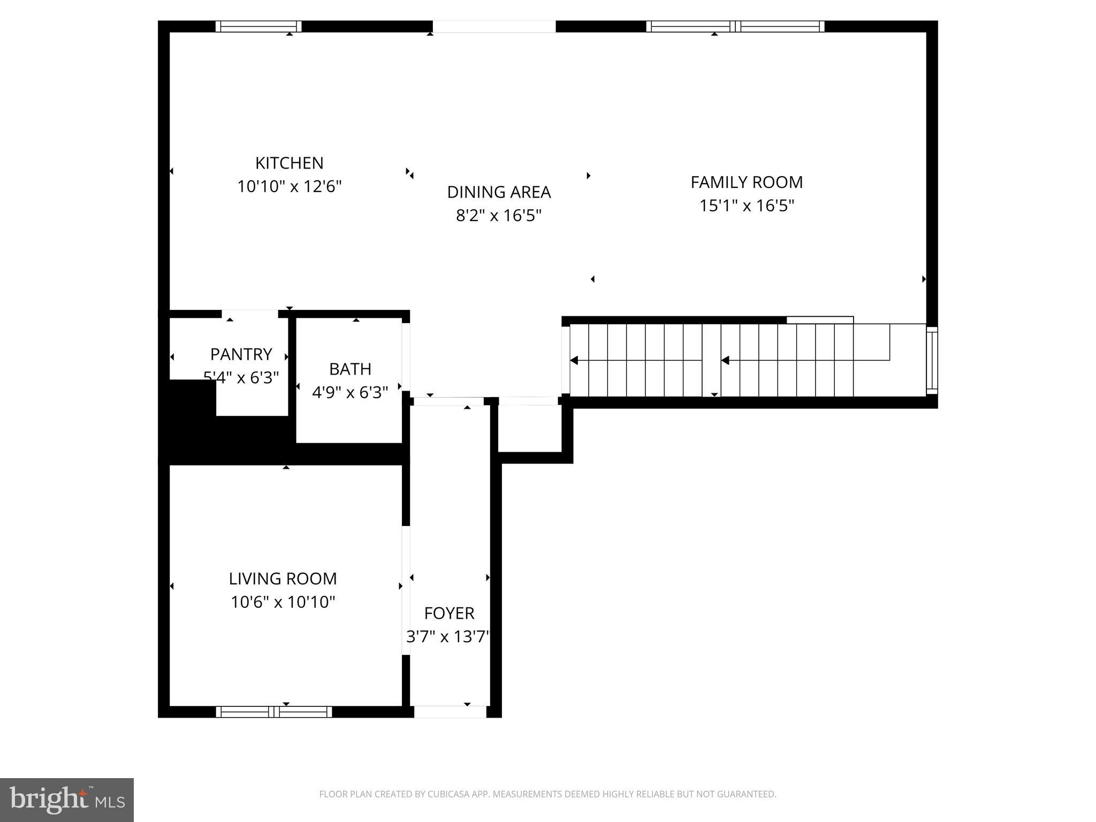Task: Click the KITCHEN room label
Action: (289, 163)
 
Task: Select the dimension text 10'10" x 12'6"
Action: (289, 187)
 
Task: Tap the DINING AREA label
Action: (499, 192)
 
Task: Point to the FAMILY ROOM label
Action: (747, 182)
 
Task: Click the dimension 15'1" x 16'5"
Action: (747, 206)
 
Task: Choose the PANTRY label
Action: (241, 354)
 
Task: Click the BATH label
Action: (350, 369)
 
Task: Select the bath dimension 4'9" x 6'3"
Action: (350, 393)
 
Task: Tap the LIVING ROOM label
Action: (283, 579)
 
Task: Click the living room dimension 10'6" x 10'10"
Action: (283, 603)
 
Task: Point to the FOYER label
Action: (449, 613)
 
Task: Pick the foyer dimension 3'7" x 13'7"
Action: (448, 637)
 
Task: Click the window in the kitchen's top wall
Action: (258, 26)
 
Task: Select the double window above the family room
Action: (735, 26)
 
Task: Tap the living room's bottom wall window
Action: (274, 712)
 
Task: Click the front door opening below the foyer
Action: (450, 712)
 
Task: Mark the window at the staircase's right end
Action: (932, 360)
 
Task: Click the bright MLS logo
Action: (67, 800)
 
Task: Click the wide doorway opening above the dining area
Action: (494, 26)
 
